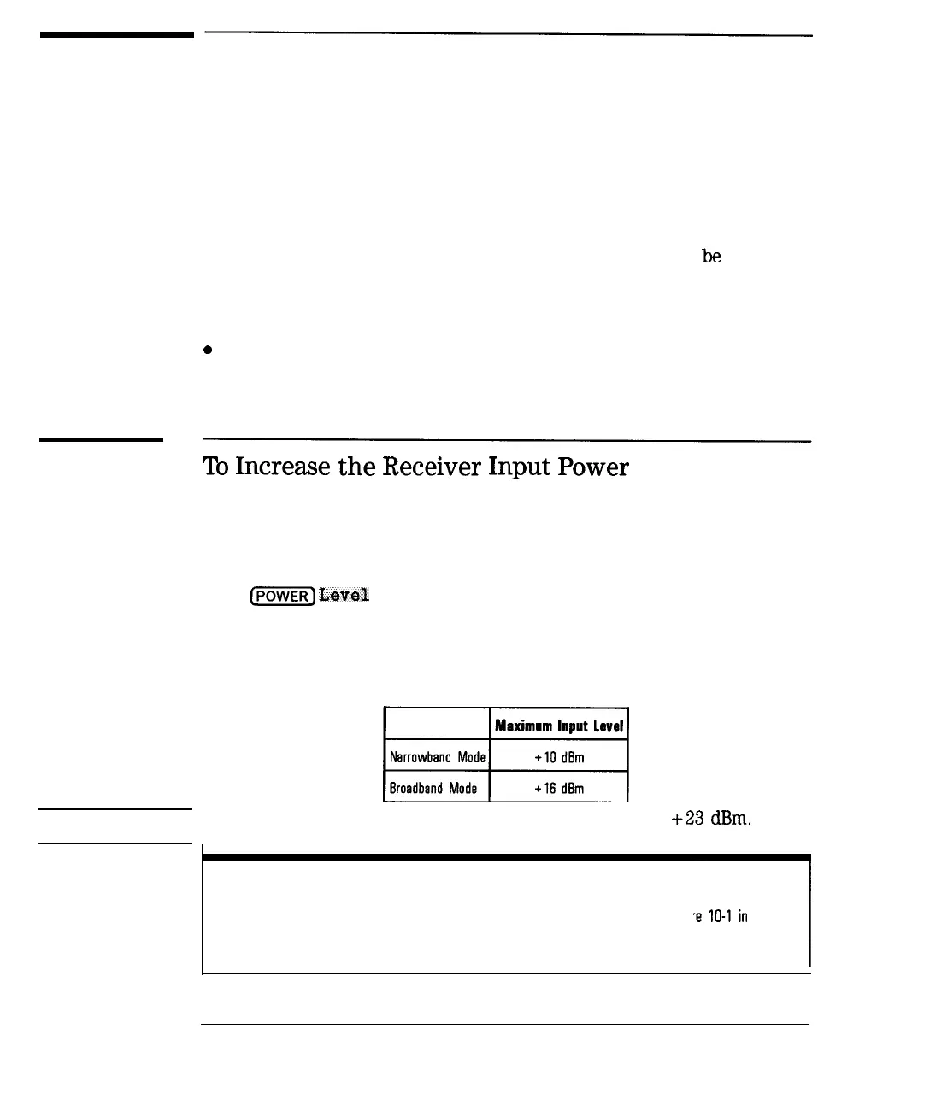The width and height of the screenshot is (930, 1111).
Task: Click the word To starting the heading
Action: pyautogui.click(x=215, y=467)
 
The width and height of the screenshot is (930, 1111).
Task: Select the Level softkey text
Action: pyautogui.click(x=344, y=595)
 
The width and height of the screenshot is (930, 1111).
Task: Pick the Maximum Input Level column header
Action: pyautogui.click(x=559, y=726)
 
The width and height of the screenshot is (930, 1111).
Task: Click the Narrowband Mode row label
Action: pyautogui.click(x=437, y=757)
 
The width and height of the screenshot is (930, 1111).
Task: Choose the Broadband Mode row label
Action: pyautogui.click(x=433, y=788)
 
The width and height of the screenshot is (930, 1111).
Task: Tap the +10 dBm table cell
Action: pyautogui.click(x=559, y=757)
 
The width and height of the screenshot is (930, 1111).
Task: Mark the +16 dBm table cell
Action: pyautogui.click(x=559, y=788)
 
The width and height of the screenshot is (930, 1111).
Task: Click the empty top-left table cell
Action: pyautogui.click(x=436, y=725)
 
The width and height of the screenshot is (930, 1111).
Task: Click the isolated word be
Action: pyautogui.click(x=711, y=256)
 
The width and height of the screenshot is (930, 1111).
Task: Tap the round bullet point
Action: pyautogui.click(x=207, y=350)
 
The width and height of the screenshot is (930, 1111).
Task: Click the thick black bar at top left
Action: pyautogui.click(x=116, y=35)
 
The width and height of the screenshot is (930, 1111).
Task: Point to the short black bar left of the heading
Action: pyautogui.click(x=101, y=439)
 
